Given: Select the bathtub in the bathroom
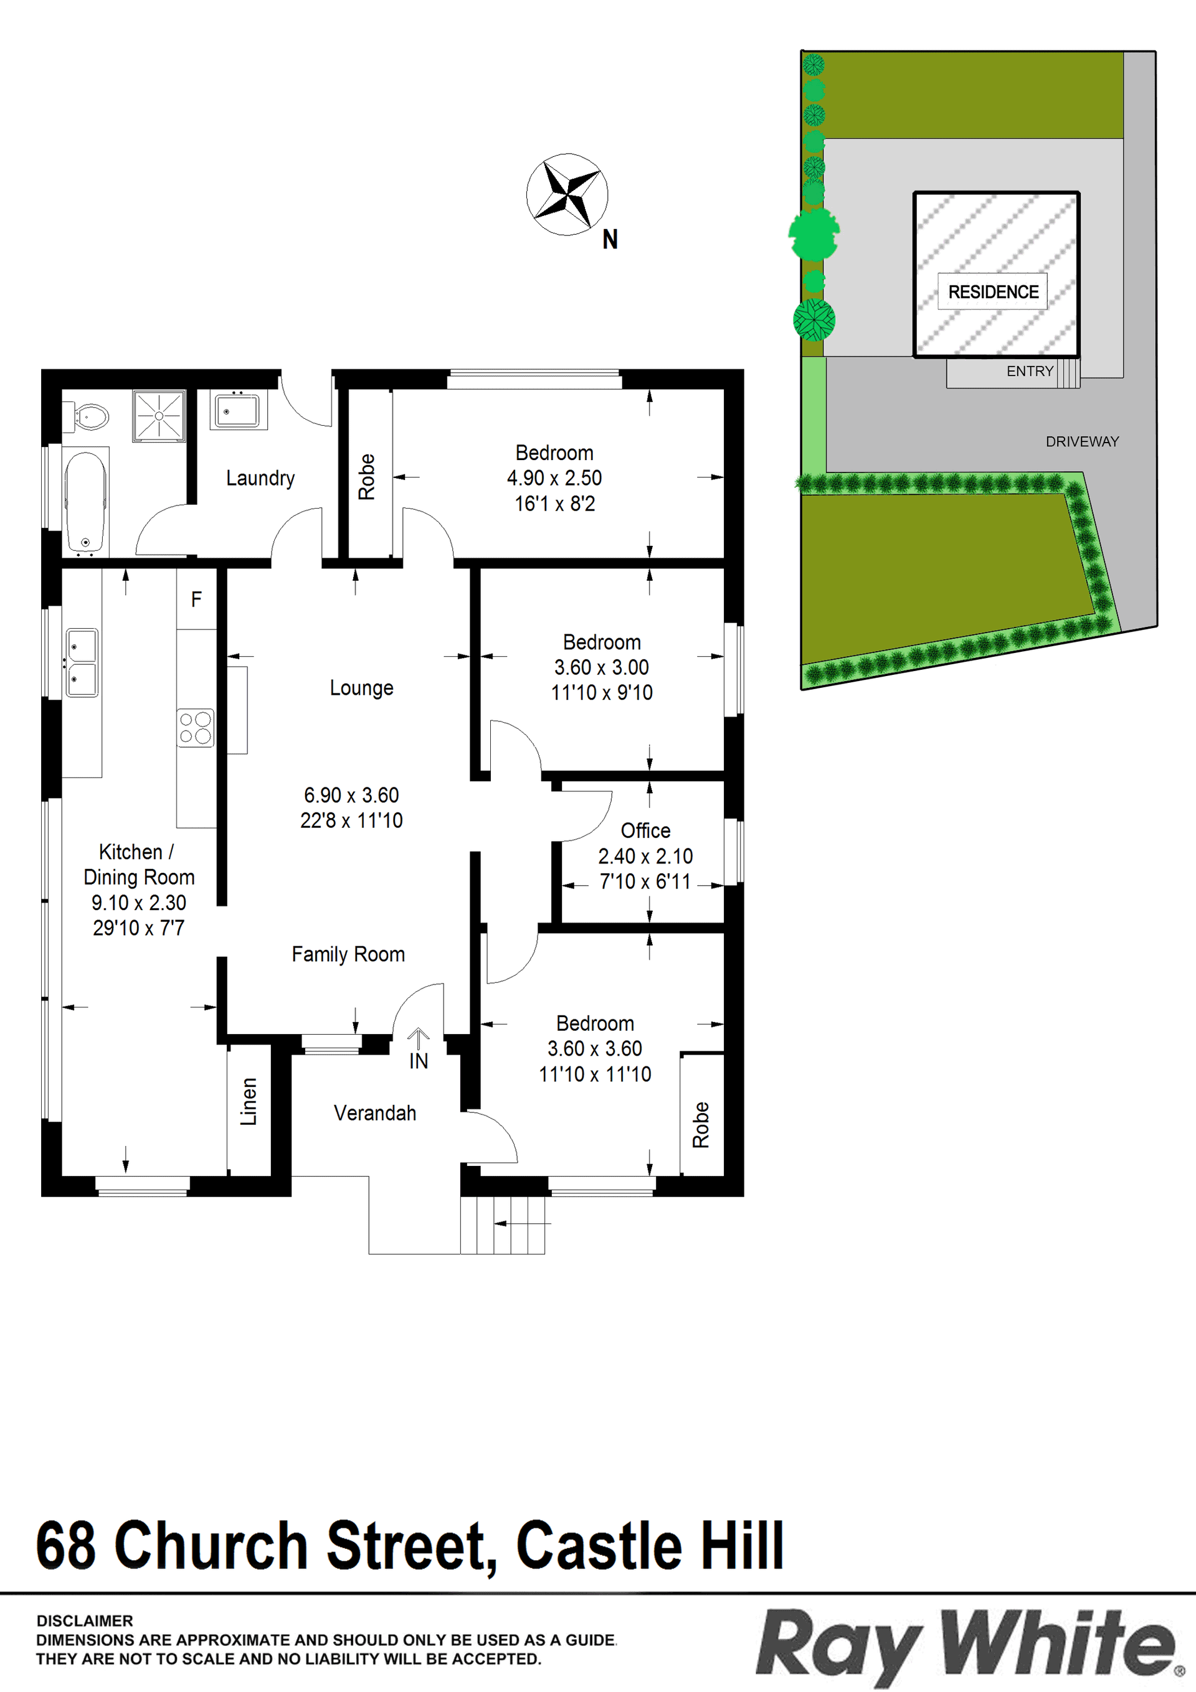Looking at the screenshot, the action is click(85, 502).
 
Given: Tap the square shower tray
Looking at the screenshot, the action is click(159, 416).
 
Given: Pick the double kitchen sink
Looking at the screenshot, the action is click(82, 662).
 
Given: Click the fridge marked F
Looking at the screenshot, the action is click(196, 598).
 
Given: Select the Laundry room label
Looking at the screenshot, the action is click(260, 478).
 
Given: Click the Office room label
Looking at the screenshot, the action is click(646, 830).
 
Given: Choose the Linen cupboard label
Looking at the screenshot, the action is click(249, 1102).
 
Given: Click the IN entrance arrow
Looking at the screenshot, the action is click(419, 1039).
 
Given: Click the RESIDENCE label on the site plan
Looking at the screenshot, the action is click(993, 292).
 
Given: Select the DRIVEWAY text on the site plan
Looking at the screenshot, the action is click(1083, 441).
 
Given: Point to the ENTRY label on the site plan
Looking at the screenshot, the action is click(1030, 372).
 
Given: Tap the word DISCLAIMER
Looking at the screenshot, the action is click(85, 1620).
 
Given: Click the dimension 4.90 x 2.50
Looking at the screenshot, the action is click(554, 478).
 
